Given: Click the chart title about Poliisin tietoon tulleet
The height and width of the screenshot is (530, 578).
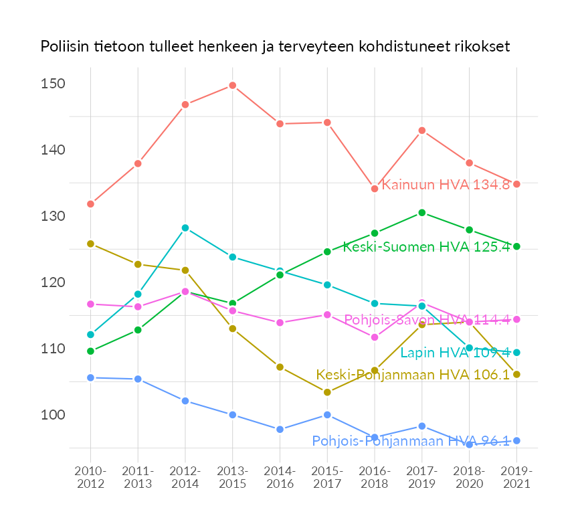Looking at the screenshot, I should pyautogui.click(x=275, y=47).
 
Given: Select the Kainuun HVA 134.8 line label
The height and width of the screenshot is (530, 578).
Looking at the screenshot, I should pyautogui.click(x=446, y=185).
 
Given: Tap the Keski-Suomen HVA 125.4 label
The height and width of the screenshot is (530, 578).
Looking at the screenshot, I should pyautogui.click(x=426, y=247).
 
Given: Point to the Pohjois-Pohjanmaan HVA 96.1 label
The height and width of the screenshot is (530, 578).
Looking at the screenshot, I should pyautogui.click(x=411, y=441).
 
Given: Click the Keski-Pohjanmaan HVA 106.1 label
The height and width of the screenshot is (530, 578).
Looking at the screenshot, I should pyautogui.click(x=413, y=375).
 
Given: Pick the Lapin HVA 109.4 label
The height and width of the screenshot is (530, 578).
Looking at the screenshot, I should pyautogui.click(x=455, y=353).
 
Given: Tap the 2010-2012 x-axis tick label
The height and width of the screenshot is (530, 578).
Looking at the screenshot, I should pyautogui.click(x=90, y=477).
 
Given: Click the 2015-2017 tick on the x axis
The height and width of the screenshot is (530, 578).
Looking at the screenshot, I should pyautogui.click(x=327, y=477).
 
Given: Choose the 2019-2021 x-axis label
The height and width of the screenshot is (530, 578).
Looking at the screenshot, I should pyautogui.click(x=516, y=477).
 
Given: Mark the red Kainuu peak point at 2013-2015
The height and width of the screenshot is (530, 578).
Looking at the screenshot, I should pyautogui.click(x=232, y=86).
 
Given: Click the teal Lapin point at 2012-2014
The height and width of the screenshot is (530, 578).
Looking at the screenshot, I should pyautogui.click(x=185, y=228).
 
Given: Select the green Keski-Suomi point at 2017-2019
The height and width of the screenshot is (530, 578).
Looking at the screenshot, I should pyautogui.click(x=422, y=213).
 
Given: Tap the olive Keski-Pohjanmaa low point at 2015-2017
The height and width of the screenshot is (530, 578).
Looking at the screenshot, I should pyautogui.click(x=327, y=392).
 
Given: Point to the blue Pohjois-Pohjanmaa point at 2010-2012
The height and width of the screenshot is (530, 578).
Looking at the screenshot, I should pyautogui.click(x=90, y=377).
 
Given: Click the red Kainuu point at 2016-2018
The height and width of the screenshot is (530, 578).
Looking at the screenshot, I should pyautogui.click(x=375, y=189).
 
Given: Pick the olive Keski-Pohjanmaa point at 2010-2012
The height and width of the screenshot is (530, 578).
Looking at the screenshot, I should pyautogui.click(x=90, y=244).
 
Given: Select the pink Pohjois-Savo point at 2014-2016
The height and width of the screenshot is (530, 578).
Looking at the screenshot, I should pyautogui.click(x=280, y=323).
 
